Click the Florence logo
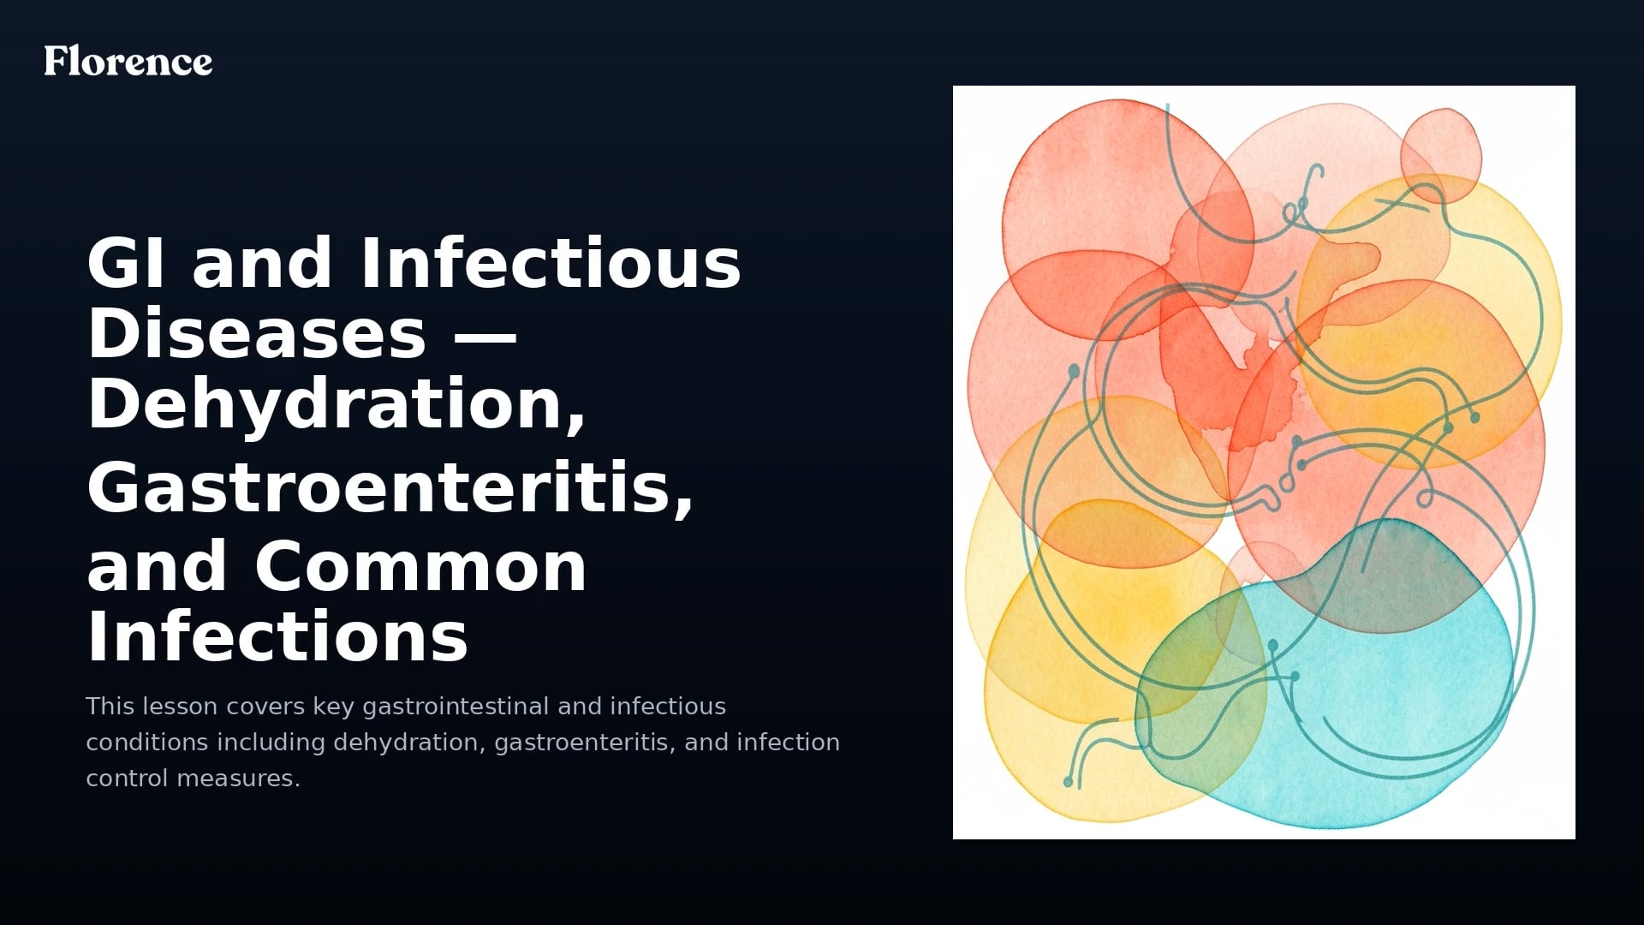[x=128, y=61]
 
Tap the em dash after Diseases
[x=484, y=334]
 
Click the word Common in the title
[x=420, y=567]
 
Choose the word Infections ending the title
[x=277, y=637]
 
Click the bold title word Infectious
[x=551, y=263]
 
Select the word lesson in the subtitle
[x=181, y=707]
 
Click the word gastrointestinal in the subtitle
[x=456, y=707]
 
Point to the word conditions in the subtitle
[x=146, y=743]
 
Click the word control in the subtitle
[x=127, y=779]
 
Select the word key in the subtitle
[x=334, y=707]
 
